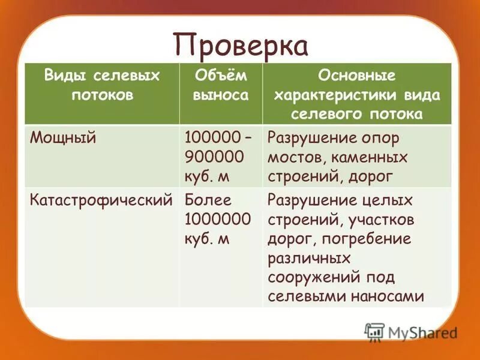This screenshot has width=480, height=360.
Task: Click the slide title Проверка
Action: pyautogui.click(x=241, y=46)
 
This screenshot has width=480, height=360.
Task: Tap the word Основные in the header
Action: pyautogui.click(x=356, y=76)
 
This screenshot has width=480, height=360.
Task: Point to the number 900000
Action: pyautogui.click(x=214, y=157)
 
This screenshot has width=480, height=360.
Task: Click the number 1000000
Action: pyautogui.click(x=218, y=219)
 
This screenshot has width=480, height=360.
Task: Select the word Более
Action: pyautogui.click(x=208, y=200)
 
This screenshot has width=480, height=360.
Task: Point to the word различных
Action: pyautogui.click(x=309, y=258)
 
